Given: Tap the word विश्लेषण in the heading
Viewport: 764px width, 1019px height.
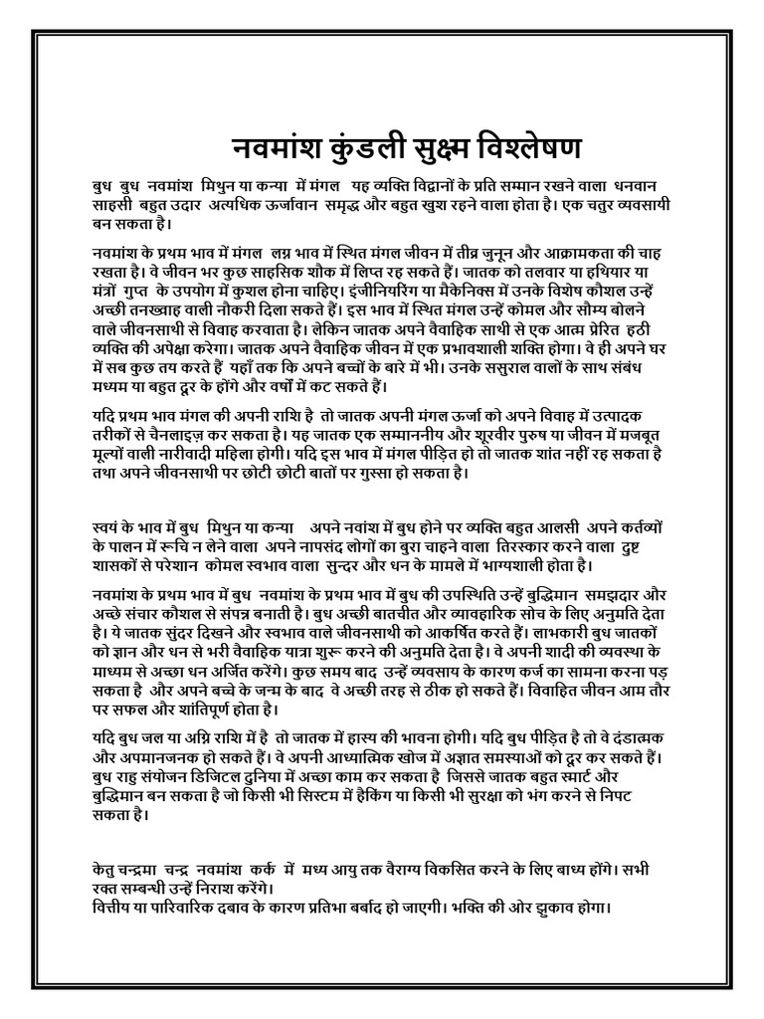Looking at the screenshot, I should [x=524, y=147].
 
